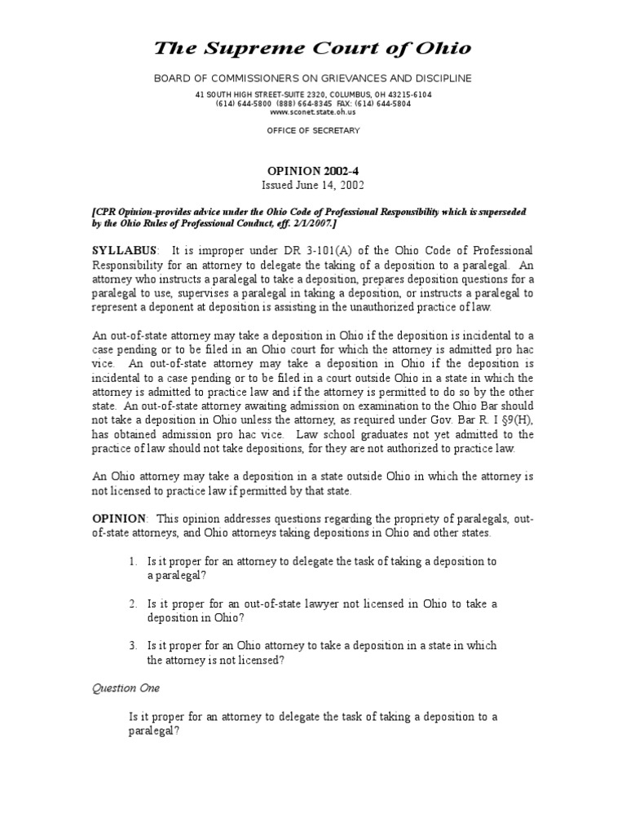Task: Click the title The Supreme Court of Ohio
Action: point(313,48)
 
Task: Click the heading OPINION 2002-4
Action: point(313,171)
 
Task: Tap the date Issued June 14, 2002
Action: point(313,185)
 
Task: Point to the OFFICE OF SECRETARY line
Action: point(313,130)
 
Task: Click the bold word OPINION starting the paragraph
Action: point(118,519)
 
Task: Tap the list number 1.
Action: point(134,562)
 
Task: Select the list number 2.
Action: point(134,604)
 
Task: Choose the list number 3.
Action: point(134,646)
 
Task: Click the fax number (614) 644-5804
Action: point(383,103)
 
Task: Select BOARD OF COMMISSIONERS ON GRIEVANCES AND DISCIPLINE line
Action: point(313,77)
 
